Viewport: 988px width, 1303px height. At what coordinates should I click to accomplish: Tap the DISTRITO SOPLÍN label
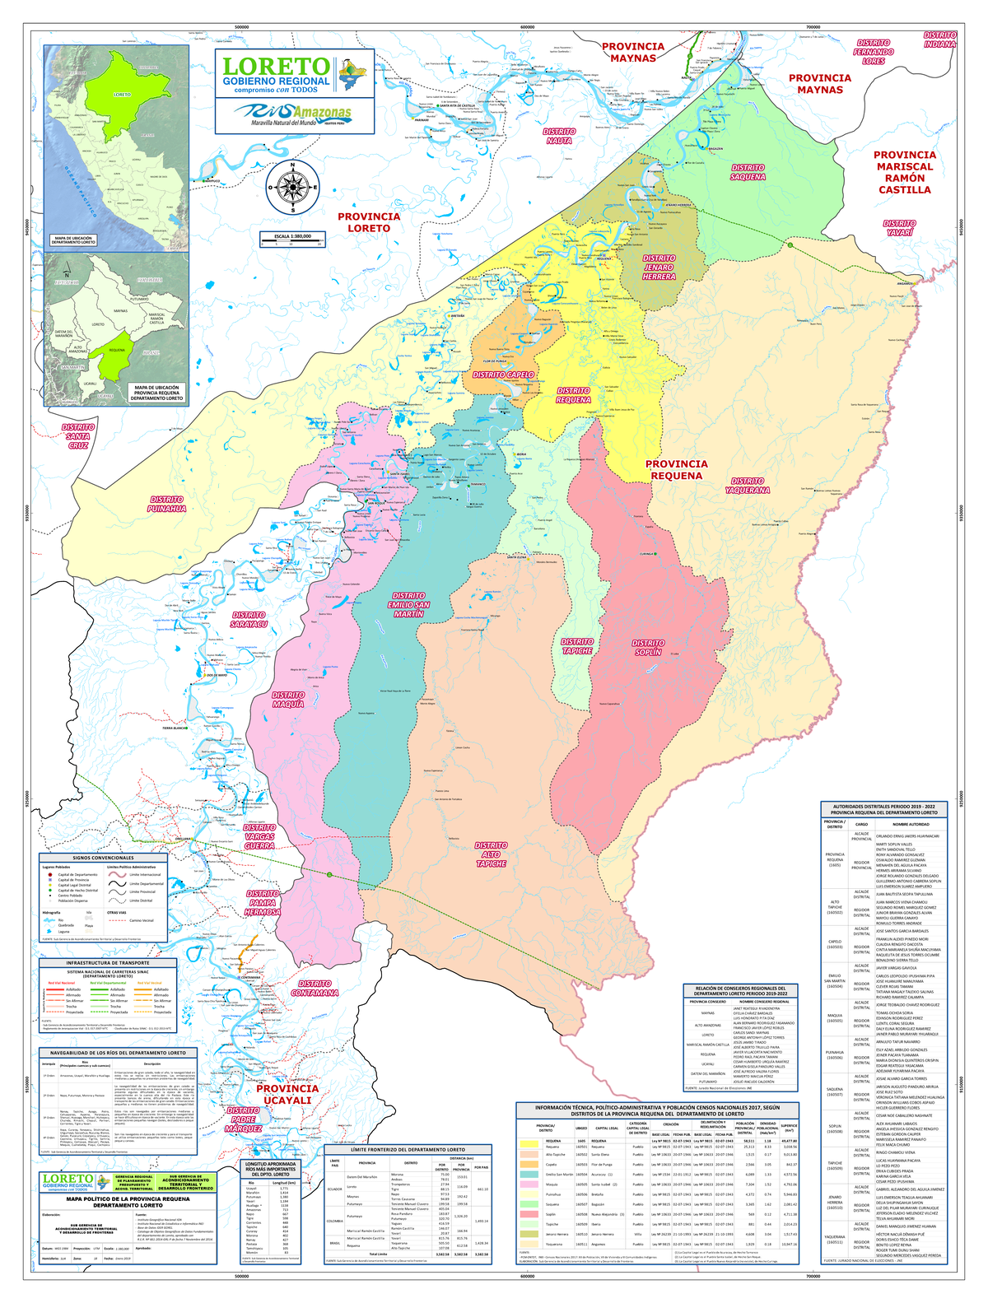click(648, 648)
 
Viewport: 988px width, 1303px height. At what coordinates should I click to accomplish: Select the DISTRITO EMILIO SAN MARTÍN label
click(409, 605)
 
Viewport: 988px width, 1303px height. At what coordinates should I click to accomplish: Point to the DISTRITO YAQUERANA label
click(748, 486)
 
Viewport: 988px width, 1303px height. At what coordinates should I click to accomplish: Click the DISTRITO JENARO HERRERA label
click(659, 268)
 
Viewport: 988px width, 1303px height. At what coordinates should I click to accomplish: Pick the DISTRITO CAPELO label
click(503, 375)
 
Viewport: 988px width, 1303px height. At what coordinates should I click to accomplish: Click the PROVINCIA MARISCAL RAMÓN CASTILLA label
click(904, 172)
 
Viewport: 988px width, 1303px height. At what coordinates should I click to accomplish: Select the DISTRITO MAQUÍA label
click(288, 700)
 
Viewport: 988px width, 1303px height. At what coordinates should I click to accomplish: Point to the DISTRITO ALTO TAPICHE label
click(491, 854)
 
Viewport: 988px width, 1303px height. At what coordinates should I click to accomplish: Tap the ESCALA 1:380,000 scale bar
click(292, 240)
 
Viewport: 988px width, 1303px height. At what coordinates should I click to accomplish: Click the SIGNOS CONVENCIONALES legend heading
click(108, 858)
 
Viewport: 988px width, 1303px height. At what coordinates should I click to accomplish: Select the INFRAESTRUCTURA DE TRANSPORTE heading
click(108, 962)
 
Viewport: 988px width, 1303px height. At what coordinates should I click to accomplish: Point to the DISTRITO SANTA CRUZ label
click(78, 436)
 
